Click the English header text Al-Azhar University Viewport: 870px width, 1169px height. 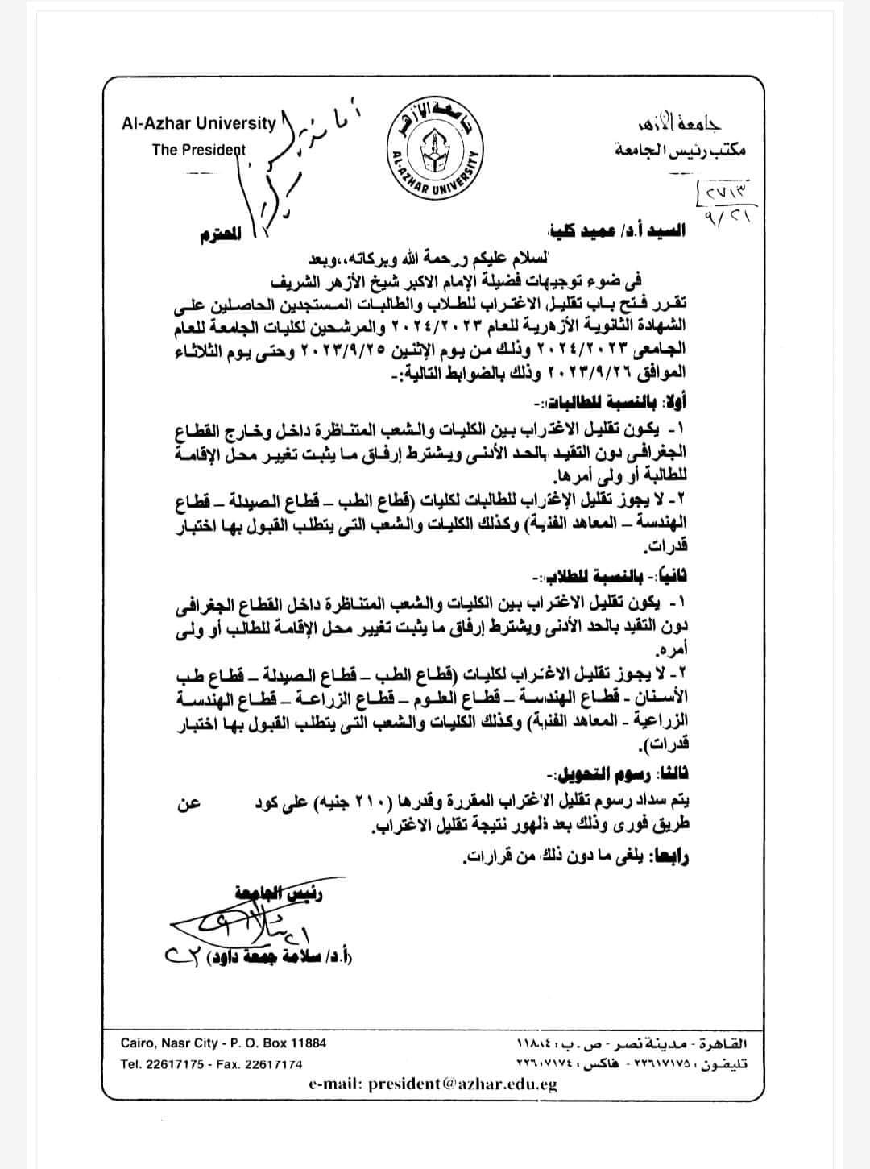pyautogui.click(x=198, y=123)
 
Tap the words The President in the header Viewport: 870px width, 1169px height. pyautogui.click(x=198, y=150)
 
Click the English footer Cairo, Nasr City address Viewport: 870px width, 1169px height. pyautogui.click(x=224, y=1043)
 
